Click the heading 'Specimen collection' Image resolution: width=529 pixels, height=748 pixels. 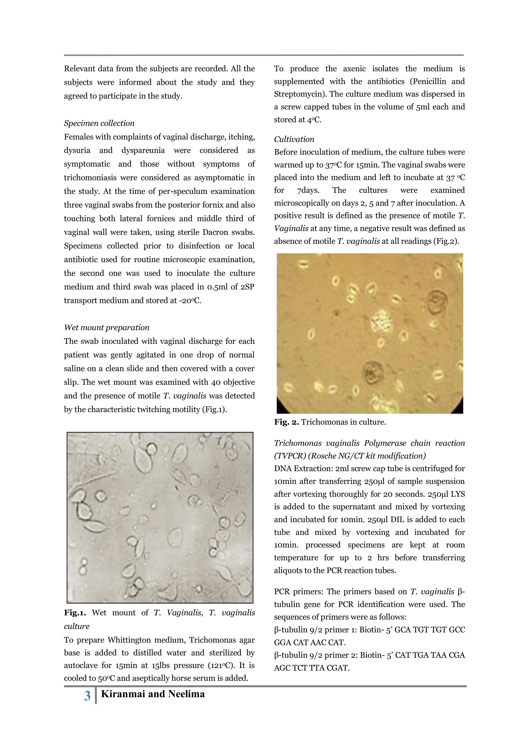(x=99, y=123)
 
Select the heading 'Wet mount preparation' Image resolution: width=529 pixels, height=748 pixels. (x=106, y=328)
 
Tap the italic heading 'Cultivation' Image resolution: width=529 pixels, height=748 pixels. (x=294, y=139)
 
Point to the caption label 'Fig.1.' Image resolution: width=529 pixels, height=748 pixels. (x=75, y=612)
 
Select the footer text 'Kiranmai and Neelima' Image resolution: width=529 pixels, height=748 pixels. (x=153, y=694)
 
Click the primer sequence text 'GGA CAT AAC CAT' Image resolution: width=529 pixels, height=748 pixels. (x=309, y=642)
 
